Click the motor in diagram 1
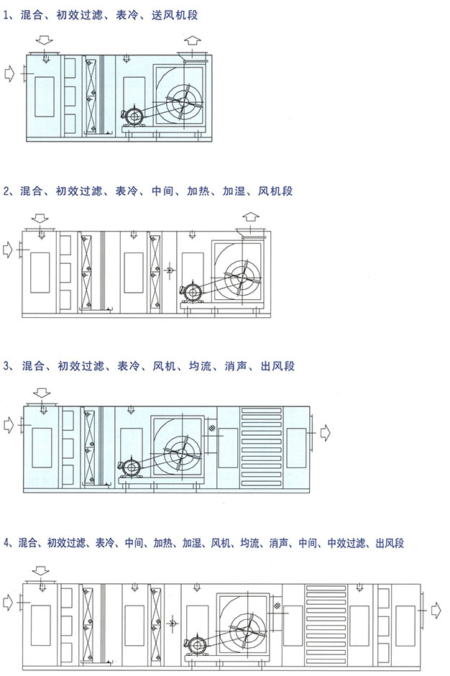pos(134,117)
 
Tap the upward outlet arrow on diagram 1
pos(193,42)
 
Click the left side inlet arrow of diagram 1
pos(9,73)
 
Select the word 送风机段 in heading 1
pos(175,15)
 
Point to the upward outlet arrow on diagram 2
pos(251,218)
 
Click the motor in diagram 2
pos(192,293)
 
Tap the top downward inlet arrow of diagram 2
pos(40,218)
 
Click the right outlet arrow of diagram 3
pos(325,432)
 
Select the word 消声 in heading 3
pos(236,367)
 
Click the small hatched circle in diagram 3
pos(211,428)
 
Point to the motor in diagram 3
pos(130,468)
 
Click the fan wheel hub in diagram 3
pos(182,454)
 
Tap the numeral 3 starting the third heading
pos(6,367)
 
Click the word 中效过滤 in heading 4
pos(346,543)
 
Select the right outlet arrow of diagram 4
pos(436,611)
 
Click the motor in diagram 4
pos(196,645)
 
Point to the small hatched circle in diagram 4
pos(277,606)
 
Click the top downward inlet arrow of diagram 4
pos(41,571)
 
